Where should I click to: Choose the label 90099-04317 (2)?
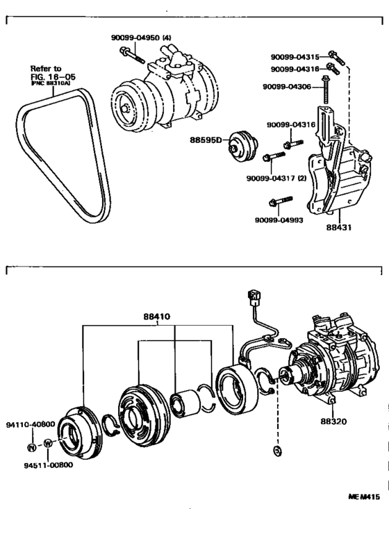coord(278,178)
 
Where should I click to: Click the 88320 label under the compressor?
coord(334,420)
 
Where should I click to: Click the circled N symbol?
coord(32,444)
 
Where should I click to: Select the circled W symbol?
coord(47,444)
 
